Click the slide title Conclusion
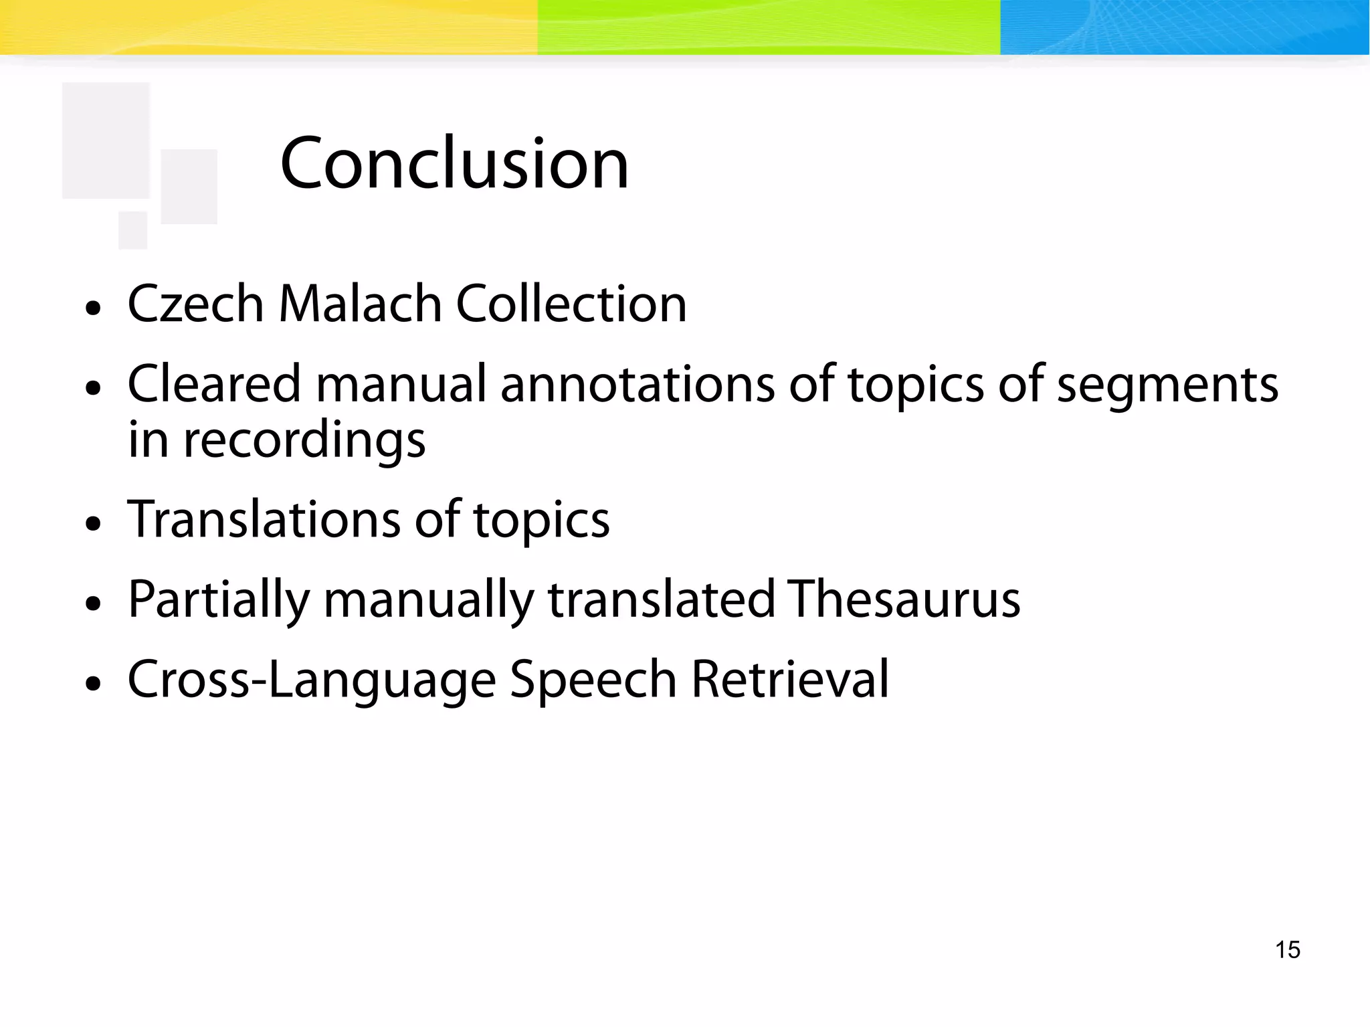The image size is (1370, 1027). [454, 163]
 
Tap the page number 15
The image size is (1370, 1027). [1287, 949]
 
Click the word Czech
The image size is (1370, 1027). [196, 304]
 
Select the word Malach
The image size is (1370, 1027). [360, 304]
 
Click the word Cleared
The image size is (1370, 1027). [214, 384]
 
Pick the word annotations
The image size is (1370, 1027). [638, 385]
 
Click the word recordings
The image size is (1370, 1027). [304, 442]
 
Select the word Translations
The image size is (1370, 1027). [264, 519]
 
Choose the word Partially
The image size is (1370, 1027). [219, 600]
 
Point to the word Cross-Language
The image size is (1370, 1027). [312, 680]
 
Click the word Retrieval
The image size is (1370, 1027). [790, 679]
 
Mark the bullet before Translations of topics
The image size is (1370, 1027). [94, 523]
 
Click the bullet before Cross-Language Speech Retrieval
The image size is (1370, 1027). [94, 684]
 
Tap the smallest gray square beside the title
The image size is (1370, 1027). [132, 229]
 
